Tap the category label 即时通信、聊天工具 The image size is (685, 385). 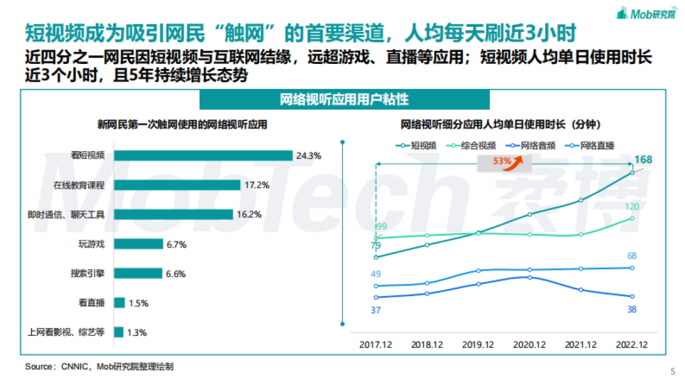(x=66, y=214)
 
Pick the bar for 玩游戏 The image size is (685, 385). (x=138, y=244)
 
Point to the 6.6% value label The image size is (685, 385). (x=176, y=274)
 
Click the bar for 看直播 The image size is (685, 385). (x=119, y=303)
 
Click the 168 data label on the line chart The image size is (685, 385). (x=643, y=159)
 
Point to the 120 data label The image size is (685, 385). (x=631, y=206)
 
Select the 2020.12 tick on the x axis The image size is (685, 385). (x=530, y=345)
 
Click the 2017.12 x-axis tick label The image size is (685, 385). (x=376, y=345)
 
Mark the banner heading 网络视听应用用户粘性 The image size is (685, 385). (x=344, y=99)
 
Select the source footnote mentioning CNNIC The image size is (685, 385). (x=99, y=367)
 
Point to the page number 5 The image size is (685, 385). (x=672, y=371)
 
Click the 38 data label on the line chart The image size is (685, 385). (x=631, y=309)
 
